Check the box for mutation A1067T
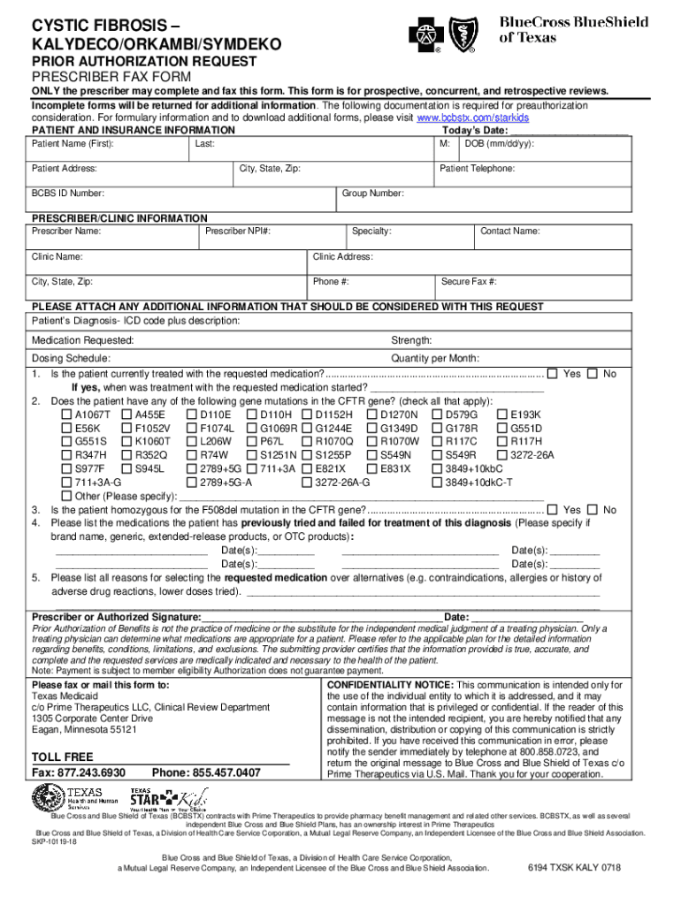[x=66, y=414]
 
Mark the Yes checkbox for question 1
[x=553, y=374]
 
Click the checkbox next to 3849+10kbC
[x=437, y=469]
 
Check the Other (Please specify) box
[x=66, y=497]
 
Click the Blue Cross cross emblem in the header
[x=423, y=35]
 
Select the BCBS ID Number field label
[x=67, y=194]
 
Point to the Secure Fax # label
[x=468, y=282]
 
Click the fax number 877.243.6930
[x=92, y=772]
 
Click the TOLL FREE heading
[x=62, y=757]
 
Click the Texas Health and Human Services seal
[x=47, y=799]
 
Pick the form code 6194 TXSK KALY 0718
[x=573, y=869]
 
